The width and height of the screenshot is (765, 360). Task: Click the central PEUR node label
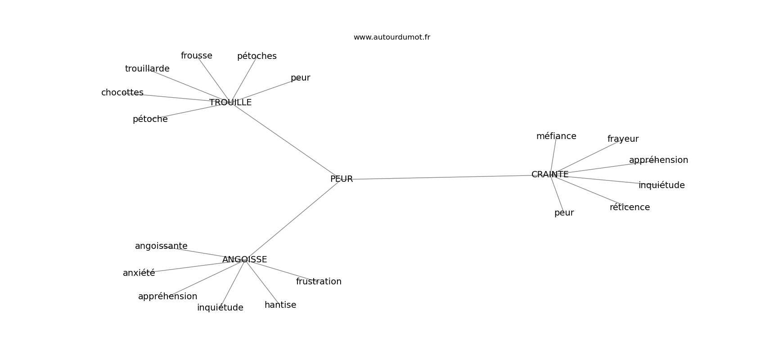coord(342,179)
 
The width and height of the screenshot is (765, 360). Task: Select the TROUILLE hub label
coord(230,103)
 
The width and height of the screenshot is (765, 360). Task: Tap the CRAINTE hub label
coord(550,175)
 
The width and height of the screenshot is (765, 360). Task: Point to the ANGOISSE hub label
coord(244,260)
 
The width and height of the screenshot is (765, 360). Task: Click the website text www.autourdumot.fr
coord(391,37)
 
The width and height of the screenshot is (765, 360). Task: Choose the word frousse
coord(196,56)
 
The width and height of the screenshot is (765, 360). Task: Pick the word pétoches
coord(257,56)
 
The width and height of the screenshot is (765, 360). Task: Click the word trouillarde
coord(147,69)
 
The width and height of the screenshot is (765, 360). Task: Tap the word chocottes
coord(122,93)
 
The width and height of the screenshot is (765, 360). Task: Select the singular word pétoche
coord(150,119)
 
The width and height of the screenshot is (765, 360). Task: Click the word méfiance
coord(556,136)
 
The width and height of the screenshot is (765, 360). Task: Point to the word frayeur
coord(623,139)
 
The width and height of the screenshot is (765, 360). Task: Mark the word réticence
coord(630,207)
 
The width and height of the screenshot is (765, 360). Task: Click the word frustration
coord(319,281)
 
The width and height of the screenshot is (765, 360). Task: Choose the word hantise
coord(280,305)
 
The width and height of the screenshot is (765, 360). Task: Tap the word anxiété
coord(139,273)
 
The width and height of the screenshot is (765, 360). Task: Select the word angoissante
coord(161,246)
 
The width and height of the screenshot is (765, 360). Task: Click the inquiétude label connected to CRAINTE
coord(661,185)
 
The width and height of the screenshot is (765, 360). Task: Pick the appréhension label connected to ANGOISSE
coord(168,297)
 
